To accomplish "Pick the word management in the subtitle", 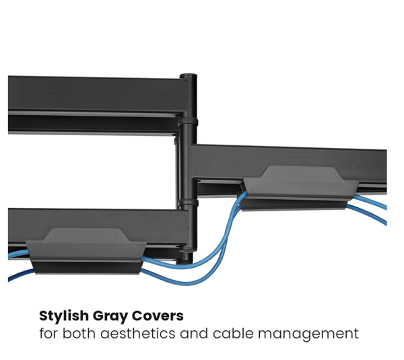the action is (x=308, y=334).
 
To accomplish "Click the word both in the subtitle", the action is (x=79, y=333).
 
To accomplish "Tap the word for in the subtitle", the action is (x=48, y=333).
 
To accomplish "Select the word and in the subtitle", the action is (x=194, y=333).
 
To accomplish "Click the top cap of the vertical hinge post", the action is (x=188, y=76).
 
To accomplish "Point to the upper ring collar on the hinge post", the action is (x=188, y=122).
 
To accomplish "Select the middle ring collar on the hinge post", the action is (x=188, y=203).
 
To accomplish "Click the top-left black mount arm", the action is (x=96, y=105).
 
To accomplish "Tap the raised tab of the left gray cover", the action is (x=86, y=235).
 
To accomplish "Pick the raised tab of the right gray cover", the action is (x=301, y=172).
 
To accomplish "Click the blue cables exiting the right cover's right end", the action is (x=369, y=208).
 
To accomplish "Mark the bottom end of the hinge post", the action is (x=184, y=262).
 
